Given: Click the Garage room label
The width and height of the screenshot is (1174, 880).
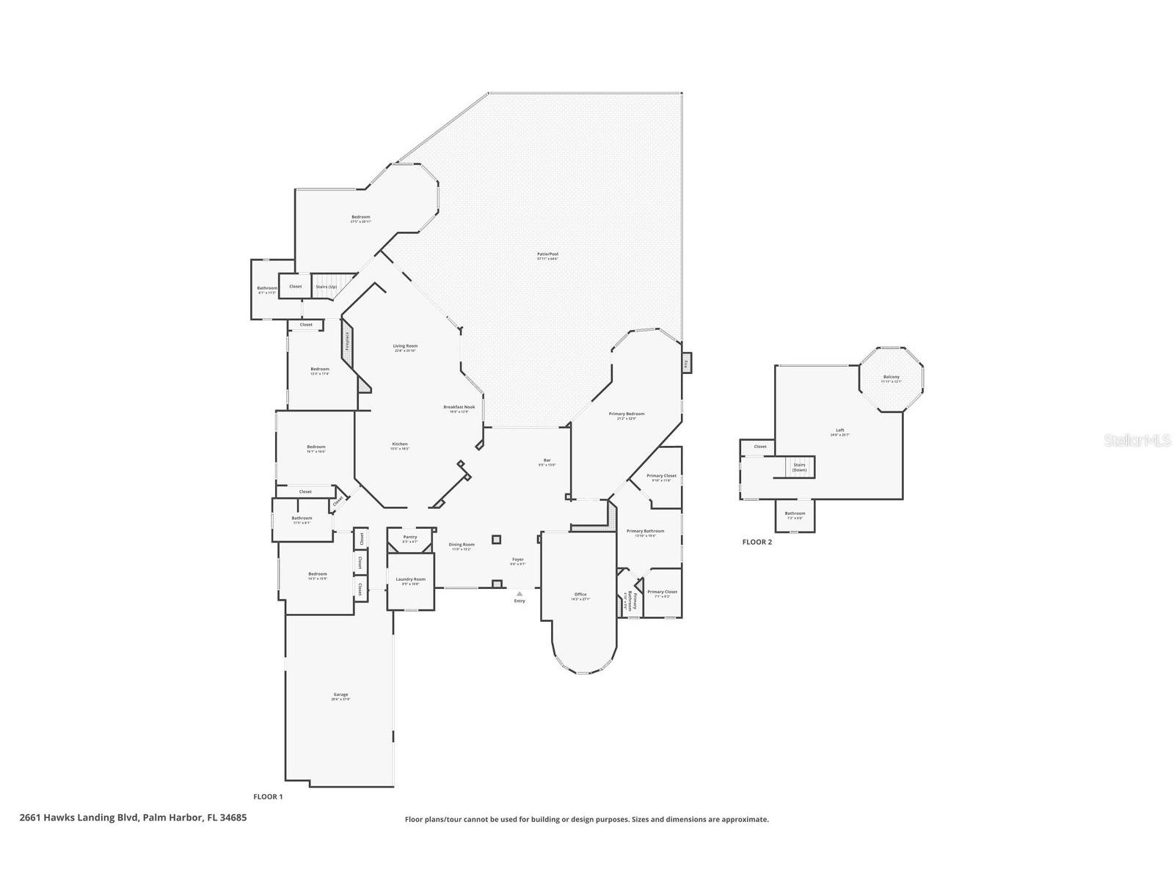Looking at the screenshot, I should click(340, 694).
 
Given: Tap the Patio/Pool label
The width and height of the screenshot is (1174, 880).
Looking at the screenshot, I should click(547, 254).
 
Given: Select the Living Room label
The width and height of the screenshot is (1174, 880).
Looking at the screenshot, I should click(405, 346).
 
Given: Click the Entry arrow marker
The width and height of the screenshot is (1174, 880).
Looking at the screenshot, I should click(519, 593).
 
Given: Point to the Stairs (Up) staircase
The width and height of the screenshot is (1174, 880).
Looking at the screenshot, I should click(327, 286).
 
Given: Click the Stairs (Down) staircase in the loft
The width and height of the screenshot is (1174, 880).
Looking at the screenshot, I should click(799, 466).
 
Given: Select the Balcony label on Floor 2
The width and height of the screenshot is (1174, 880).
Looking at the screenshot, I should click(891, 377).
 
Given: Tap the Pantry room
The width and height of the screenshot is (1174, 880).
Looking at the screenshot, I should click(410, 538).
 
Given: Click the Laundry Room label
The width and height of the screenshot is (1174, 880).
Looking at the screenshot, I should click(410, 579).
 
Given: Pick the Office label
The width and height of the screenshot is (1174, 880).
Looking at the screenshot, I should click(580, 595).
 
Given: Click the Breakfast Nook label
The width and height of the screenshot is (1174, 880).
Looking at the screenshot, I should click(459, 407).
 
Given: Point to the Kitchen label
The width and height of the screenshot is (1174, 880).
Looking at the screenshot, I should click(400, 444).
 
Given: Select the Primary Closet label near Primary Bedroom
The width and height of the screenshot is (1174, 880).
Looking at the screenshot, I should click(661, 476).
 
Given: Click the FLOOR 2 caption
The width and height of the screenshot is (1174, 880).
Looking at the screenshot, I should click(757, 543).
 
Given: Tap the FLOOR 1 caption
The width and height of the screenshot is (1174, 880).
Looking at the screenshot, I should click(268, 796).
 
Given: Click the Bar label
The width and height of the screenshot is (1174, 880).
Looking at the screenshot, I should click(547, 461).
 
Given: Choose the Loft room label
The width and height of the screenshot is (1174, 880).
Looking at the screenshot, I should click(839, 430).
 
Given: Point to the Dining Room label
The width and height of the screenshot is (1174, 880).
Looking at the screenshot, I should click(462, 545).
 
